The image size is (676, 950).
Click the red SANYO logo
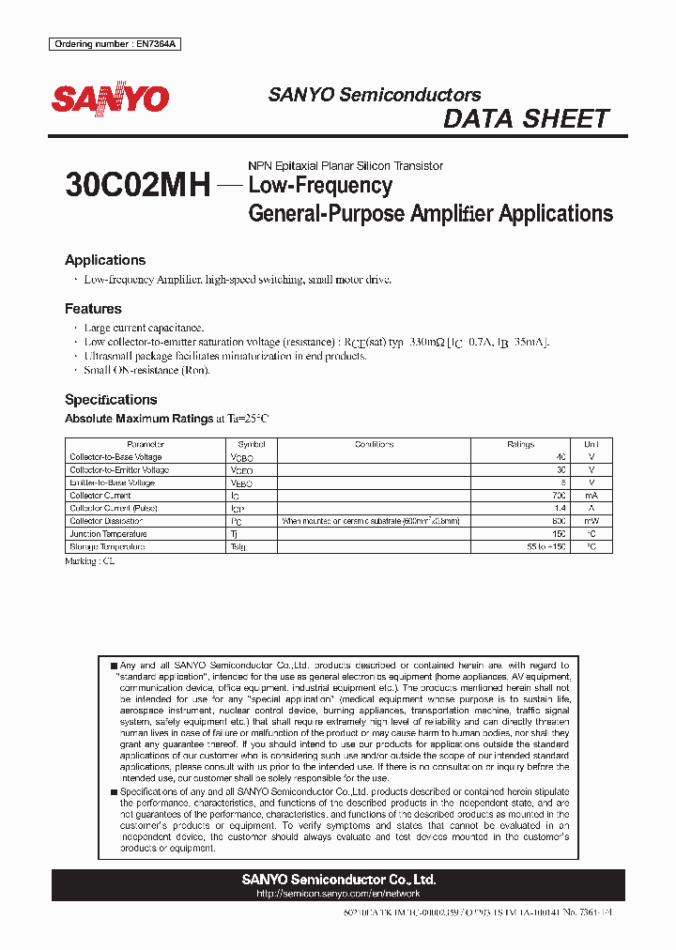pos(110,99)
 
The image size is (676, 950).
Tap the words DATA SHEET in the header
pos(526,119)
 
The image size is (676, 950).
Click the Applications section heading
pos(104,260)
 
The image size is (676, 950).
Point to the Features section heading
pos(93,308)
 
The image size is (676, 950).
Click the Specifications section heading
pos(111,399)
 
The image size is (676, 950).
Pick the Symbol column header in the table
pos(252,444)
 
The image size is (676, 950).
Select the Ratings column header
pos(520,444)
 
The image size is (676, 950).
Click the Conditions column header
pos(374,444)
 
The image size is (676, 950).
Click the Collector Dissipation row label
pos(106,520)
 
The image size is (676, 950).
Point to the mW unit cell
pos(591,520)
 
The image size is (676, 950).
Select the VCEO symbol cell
pos(241,470)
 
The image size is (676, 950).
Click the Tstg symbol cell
pos(238,546)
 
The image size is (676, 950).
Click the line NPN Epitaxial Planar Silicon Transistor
pos(345,165)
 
